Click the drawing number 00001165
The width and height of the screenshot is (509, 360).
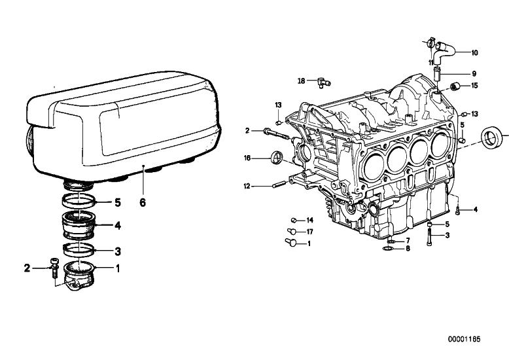[464, 339]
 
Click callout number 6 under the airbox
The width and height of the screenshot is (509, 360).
[143, 202]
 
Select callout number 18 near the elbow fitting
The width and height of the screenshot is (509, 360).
[302, 81]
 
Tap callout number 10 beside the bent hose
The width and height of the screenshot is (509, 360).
[474, 52]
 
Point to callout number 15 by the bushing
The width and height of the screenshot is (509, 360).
[474, 86]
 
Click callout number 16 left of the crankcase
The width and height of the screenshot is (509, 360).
[247, 158]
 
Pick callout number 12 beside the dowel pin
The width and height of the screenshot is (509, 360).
[247, 187]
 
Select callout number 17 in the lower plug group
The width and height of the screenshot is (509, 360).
[309, 232]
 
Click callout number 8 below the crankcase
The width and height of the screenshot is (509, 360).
[408, 249]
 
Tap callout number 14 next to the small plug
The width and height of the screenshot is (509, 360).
[309, 221]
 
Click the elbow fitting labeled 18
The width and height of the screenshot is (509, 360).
[323, 82]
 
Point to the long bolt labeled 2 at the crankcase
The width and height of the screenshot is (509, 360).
[277, 134]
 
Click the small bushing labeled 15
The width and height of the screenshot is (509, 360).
[456, 86]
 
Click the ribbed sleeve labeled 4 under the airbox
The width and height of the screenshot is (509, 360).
[79, 225]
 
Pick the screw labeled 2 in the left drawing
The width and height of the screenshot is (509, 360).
[54, 268]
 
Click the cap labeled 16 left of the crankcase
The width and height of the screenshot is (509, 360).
[277, 158]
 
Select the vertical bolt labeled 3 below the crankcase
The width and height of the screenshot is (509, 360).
[429, 237]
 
